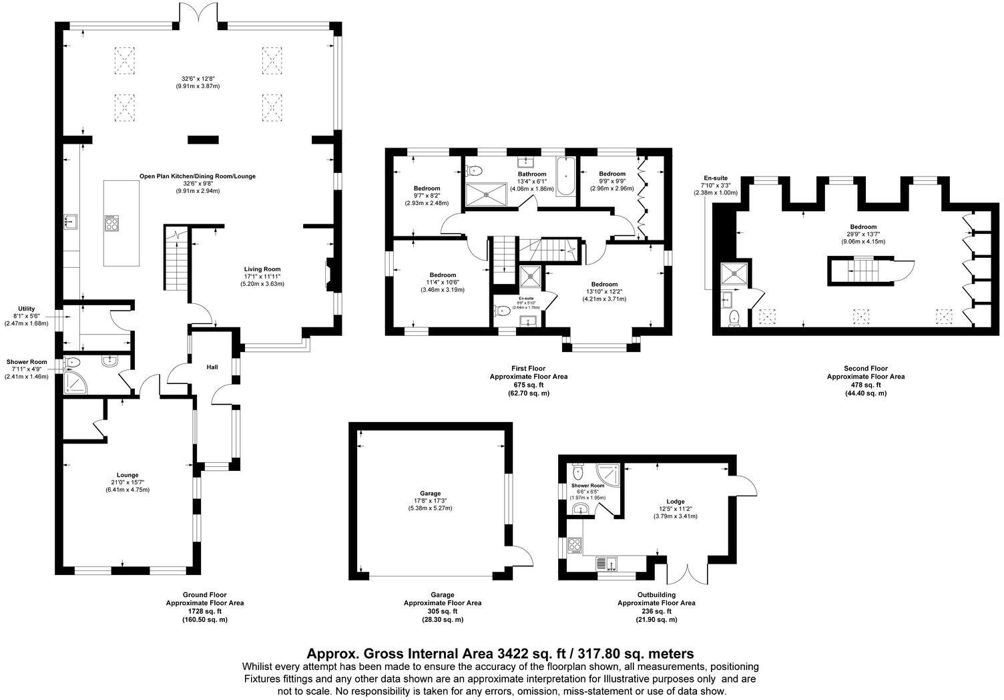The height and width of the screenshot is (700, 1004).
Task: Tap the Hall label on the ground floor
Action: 212,367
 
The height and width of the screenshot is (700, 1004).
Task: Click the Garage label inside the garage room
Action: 430,493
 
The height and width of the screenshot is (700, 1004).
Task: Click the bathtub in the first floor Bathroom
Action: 565,176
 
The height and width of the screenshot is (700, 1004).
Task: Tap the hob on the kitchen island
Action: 111,222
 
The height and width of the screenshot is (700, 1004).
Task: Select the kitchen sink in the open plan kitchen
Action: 71,220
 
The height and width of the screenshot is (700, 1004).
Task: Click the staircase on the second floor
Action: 864,271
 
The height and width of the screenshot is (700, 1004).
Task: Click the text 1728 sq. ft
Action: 204,611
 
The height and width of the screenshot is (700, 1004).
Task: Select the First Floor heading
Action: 528,368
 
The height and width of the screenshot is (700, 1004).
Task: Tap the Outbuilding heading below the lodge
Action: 656,594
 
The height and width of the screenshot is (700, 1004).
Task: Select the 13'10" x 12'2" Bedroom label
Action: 607,291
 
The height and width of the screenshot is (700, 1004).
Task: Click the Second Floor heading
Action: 865,368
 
